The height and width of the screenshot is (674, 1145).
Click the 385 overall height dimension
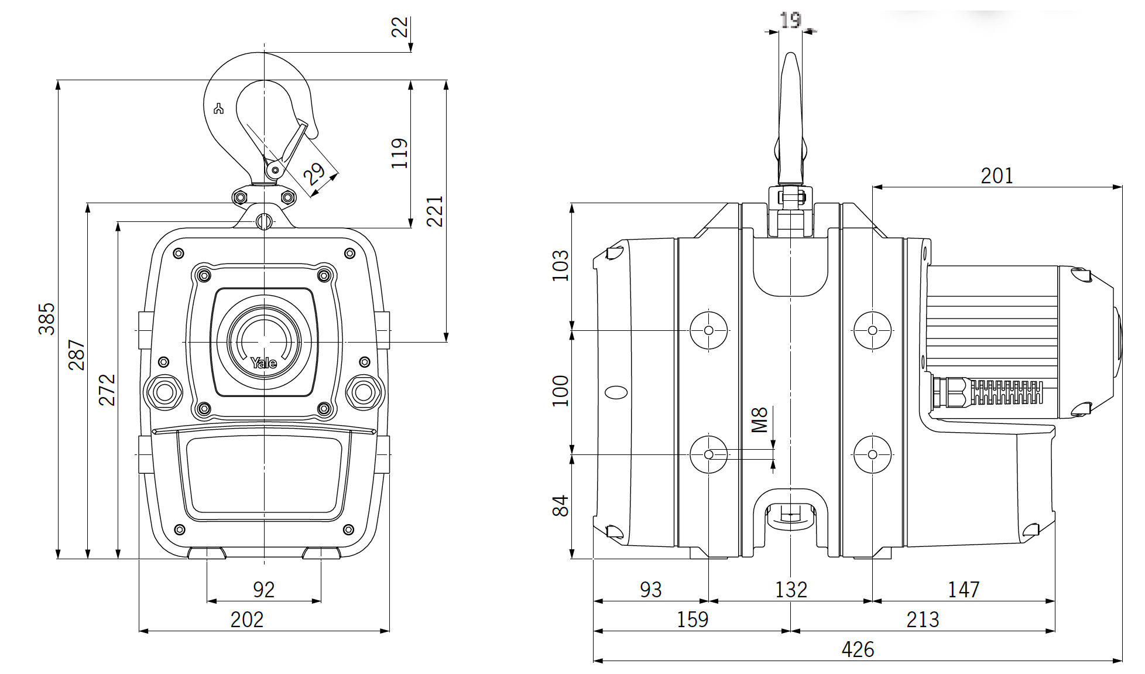coord(46,319)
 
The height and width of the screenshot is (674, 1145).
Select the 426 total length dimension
coord(858,649)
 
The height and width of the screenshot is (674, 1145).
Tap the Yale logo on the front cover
coord(263,363)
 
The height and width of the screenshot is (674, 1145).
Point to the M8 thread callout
coord(759,419)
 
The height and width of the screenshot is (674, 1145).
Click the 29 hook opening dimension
coord(314,174)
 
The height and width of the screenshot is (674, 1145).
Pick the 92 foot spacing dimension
coord(263,589)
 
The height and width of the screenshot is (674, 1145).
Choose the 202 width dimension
coord(247,620)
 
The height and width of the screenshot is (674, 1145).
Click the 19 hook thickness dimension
coord(790,20)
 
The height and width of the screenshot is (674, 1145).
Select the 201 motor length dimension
coord(996,176)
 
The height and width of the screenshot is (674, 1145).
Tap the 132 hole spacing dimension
coord(791,590)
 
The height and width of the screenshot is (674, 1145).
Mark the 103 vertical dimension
coord(560,265)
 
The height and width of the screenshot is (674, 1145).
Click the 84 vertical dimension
coord(560,506)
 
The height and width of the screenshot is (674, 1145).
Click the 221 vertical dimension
coord(434,211)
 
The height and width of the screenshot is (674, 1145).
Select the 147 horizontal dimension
coord(963,590)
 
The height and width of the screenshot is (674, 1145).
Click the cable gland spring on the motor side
coord(1007,392)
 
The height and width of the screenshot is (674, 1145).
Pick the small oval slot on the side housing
coord(616,392)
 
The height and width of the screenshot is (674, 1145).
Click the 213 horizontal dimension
coord(923,620)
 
